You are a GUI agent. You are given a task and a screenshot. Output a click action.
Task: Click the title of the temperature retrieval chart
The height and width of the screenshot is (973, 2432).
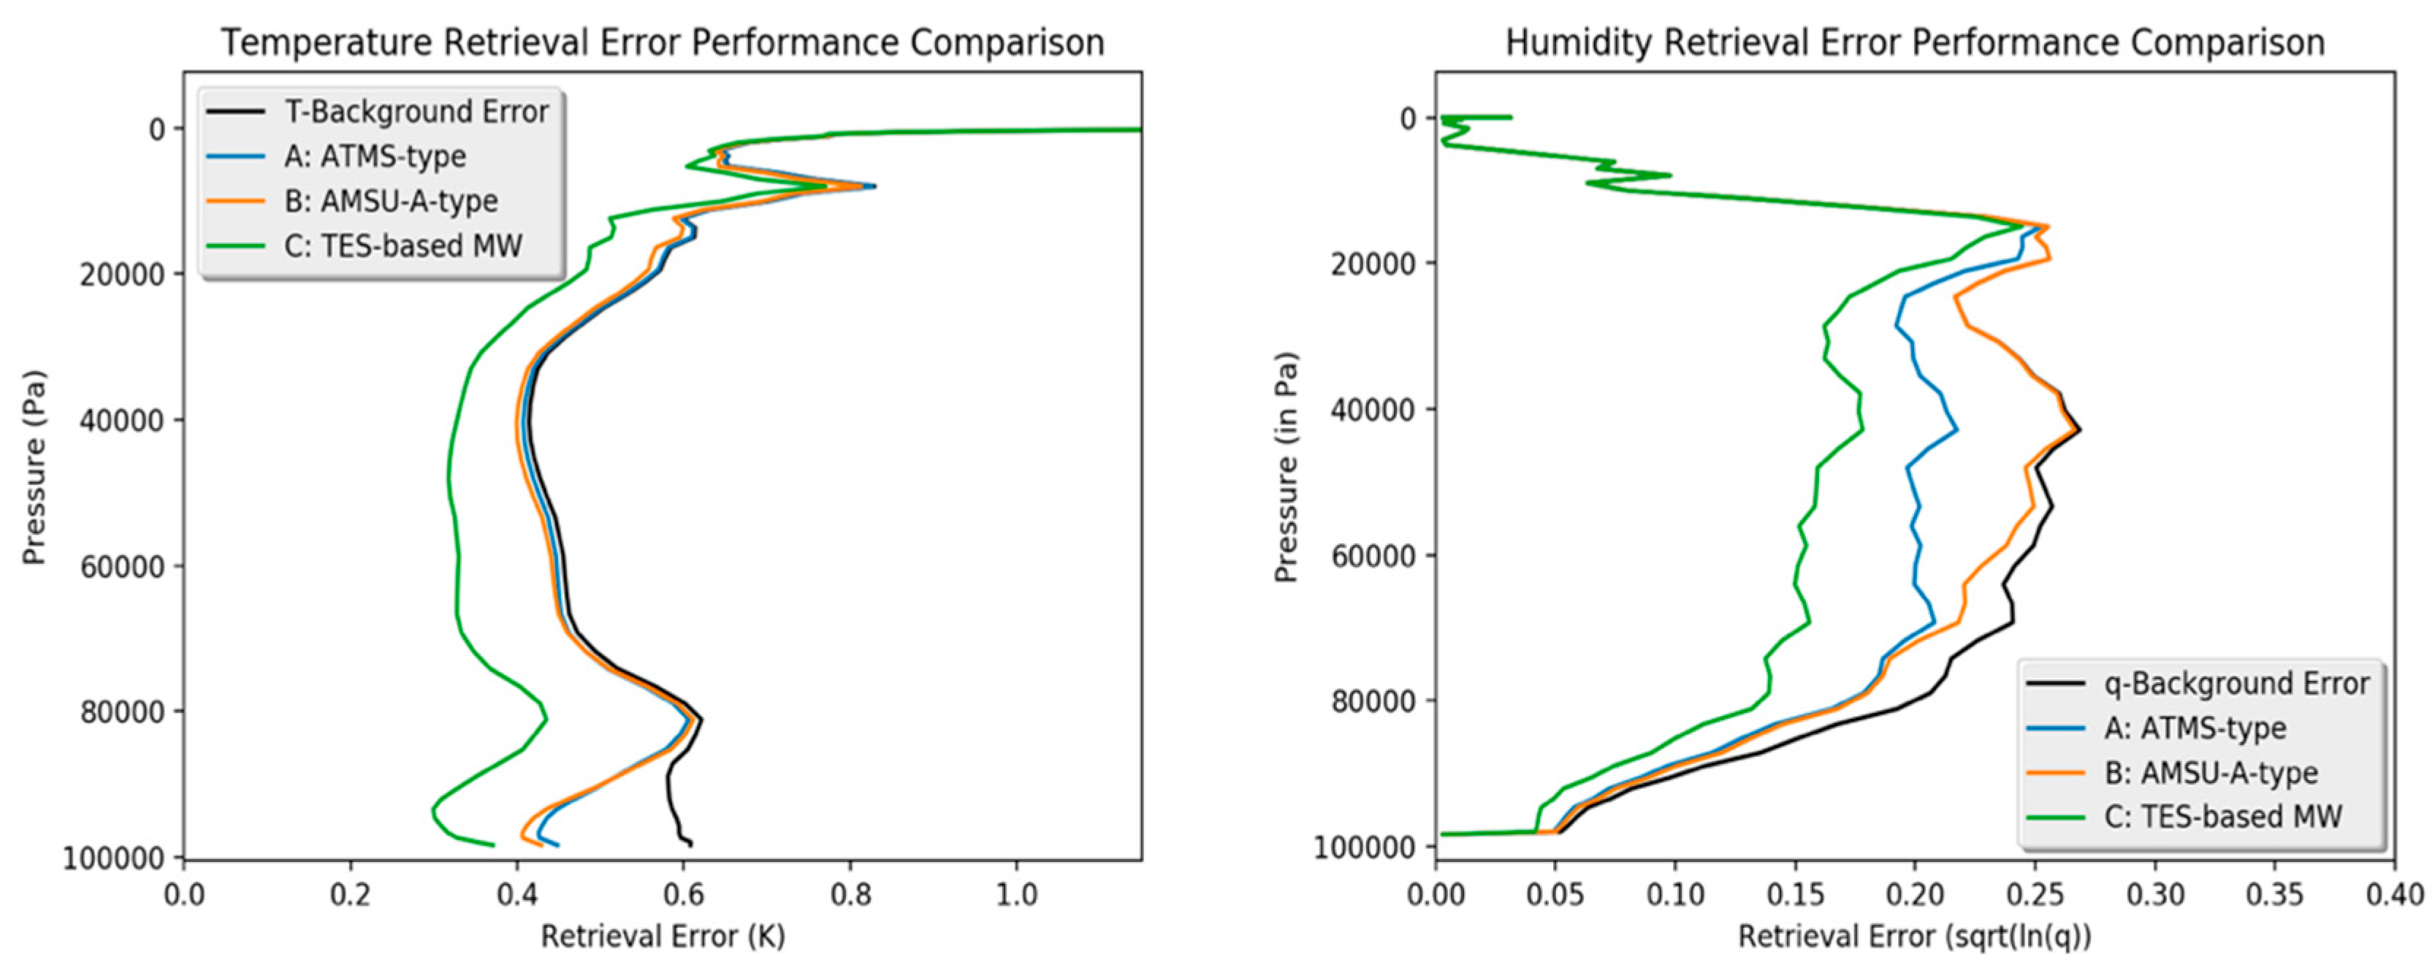(x=663, y=43)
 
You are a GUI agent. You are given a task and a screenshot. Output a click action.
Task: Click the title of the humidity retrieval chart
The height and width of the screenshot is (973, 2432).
(x=1915, y=43)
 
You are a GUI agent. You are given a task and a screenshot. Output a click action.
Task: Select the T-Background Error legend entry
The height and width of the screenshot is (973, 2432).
(x=416, y=112)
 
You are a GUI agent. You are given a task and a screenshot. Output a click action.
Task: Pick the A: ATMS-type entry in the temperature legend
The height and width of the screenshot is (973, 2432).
(x=375, y=156)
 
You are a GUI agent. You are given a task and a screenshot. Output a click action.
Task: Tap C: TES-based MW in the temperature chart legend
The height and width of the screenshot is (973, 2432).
(x=403, y=246)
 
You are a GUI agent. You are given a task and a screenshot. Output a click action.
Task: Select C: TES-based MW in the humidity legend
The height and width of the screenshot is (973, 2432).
(x=2223, y=817)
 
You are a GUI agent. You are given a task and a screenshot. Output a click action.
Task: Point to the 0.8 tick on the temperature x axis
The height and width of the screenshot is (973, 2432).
(x=850, y=893)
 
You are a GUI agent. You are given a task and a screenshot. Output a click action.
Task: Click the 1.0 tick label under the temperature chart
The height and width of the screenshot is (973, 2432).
(x=1017, y=893)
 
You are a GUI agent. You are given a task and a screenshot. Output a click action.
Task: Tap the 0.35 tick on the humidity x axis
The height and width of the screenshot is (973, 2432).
(x=2274, y=893)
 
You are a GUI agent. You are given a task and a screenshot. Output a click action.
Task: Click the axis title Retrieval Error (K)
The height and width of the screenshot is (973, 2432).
(x=663, y=937)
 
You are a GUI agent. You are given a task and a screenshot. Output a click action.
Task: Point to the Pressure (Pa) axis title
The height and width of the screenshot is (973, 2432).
(x=34, y=468)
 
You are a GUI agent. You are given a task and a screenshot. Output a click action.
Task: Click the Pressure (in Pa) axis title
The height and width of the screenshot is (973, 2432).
(x=1286, y=468)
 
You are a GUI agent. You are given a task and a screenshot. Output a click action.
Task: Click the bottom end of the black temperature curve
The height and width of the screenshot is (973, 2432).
(x=691, y=844)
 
